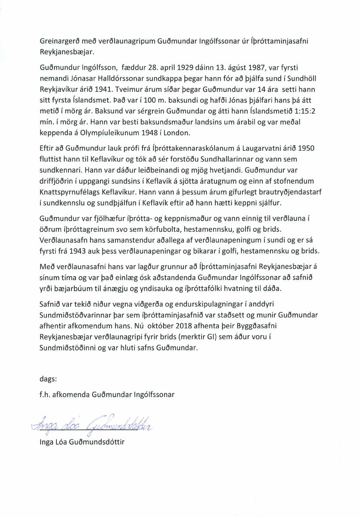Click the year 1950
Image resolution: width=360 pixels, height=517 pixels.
(x=306, y=148)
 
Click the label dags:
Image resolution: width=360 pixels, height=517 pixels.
(x=47, y=379)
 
